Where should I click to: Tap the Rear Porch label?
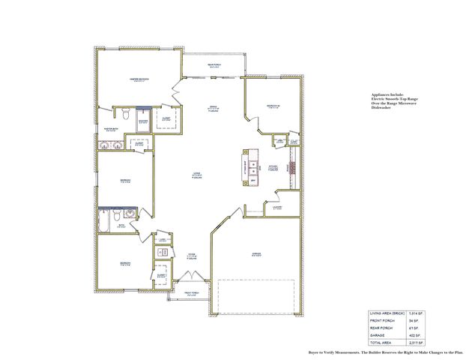coord(214,67)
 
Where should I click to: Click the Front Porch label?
coord(191,294)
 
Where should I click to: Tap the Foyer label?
coord(191,255)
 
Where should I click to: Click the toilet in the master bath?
coord(127,115)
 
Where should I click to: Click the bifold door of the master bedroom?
coord(177,93)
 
